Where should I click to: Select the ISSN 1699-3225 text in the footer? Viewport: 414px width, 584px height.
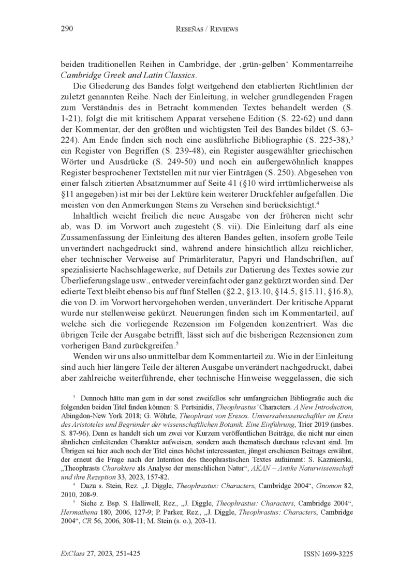329,553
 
